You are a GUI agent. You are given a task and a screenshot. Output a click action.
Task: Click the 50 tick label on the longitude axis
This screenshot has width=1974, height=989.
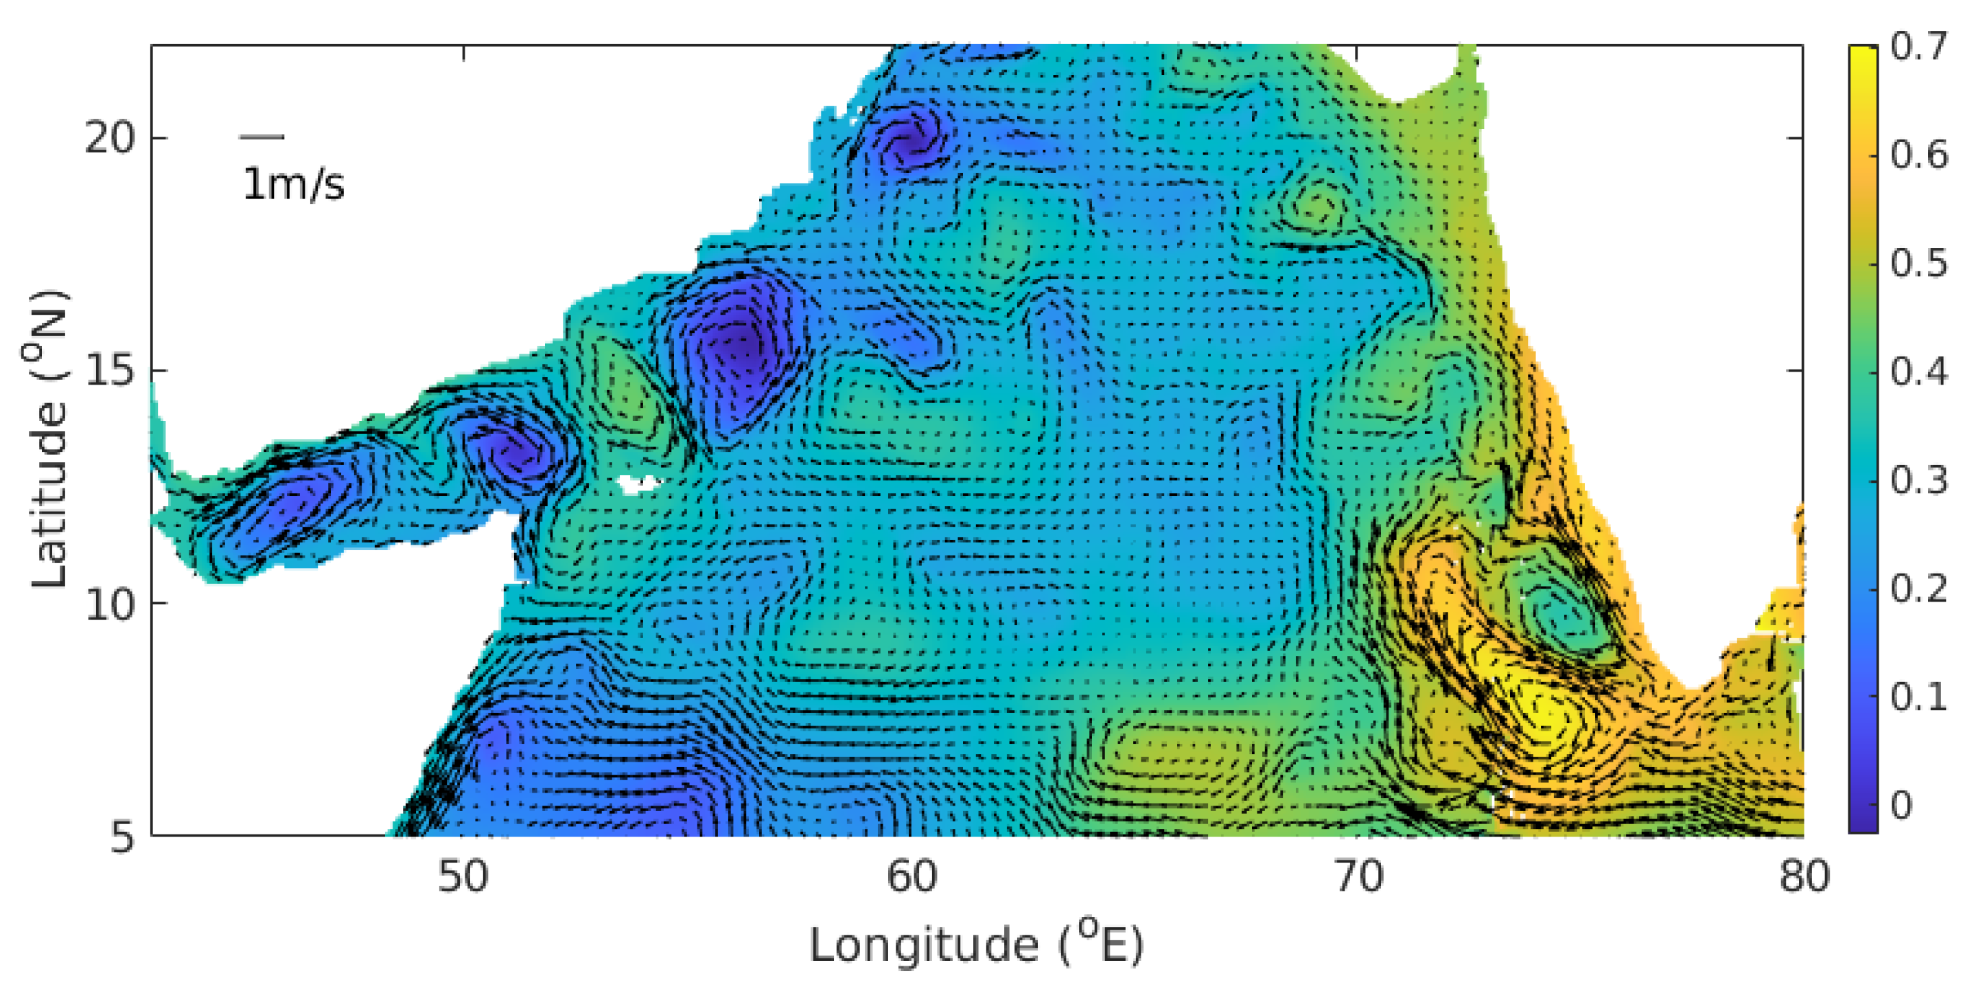(x=463, y=876)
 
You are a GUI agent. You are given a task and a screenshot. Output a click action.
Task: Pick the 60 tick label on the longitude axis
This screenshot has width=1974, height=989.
(x=911, y=876)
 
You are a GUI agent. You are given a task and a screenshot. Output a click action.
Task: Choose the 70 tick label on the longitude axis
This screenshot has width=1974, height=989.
(x=1358, y=876)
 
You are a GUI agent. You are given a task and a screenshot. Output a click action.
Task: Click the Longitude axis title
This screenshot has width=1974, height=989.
(x=976, y=944)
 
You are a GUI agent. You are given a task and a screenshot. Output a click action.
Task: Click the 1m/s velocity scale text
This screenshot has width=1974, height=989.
(x=294, y=185)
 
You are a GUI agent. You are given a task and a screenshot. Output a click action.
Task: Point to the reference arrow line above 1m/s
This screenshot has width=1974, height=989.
(x=262, y=137)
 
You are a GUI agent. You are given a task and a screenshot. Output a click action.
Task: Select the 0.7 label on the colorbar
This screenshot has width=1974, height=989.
(x=1918, y=47)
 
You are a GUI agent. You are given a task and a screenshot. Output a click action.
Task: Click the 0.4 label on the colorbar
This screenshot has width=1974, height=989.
(x=1918, y=372)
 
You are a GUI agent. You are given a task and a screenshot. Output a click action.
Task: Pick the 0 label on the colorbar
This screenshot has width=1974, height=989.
(x=1901, y=806)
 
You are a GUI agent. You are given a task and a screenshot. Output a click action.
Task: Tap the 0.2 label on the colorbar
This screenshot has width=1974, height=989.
(x=1918, y=589)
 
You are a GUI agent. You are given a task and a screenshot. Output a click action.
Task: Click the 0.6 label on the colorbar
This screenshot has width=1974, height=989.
(x=1918, y=156)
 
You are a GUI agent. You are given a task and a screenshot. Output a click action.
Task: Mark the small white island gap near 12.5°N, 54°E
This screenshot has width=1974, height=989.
(x=638, y=484)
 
